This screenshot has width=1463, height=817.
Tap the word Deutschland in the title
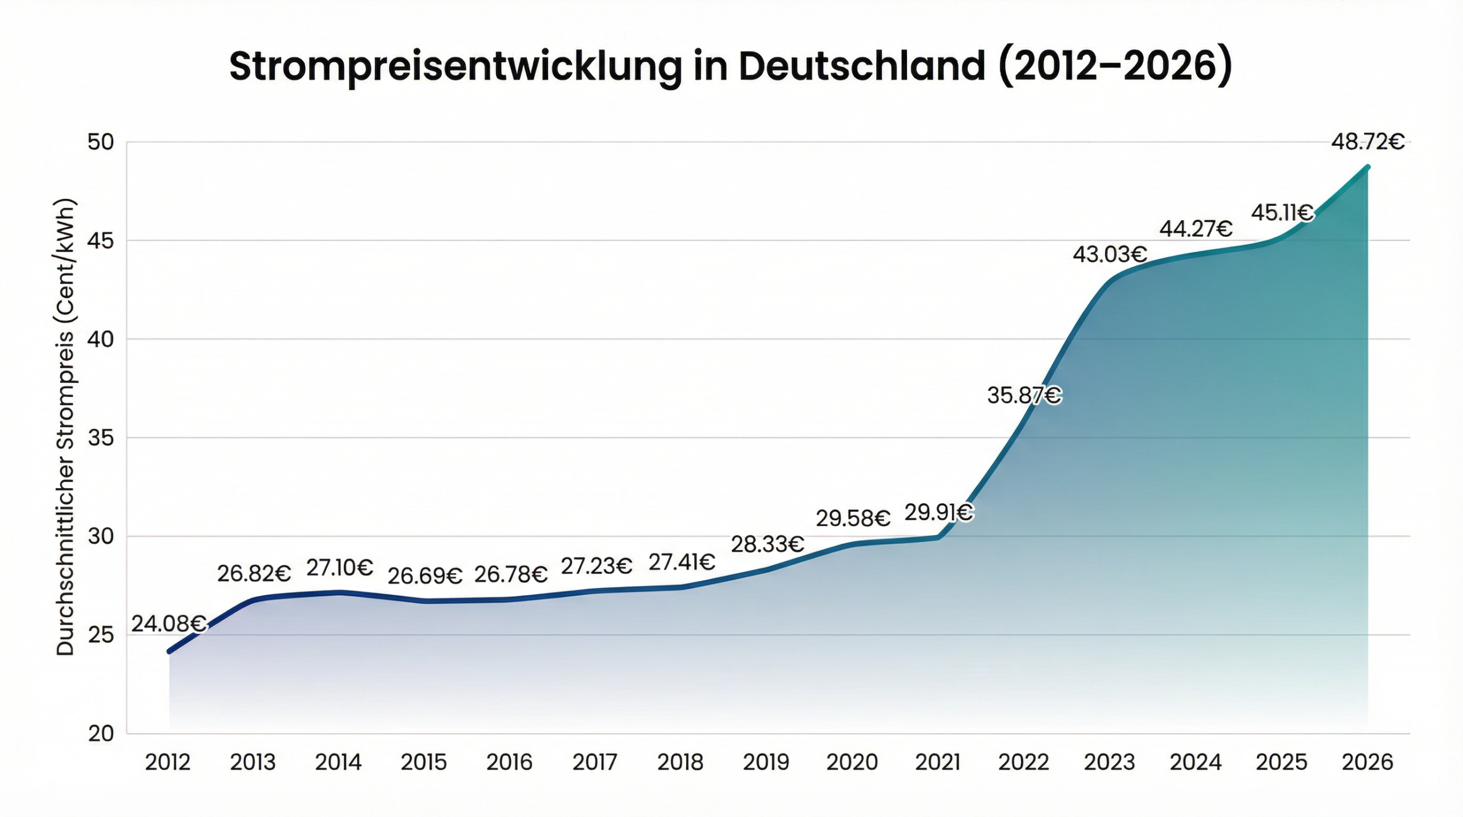(x=862, y=66)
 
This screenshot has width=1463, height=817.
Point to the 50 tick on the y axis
(x=101, y=142)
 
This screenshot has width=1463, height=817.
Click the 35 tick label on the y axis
(x=101, y=438)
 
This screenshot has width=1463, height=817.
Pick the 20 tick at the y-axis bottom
(x=101, y=734)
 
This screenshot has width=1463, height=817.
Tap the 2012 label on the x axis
(x=167, y=762)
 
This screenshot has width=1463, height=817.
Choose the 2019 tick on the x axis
(x=766, y=762)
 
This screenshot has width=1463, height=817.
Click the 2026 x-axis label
(x=1368, y=762)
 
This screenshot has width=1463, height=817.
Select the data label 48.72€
(x=1368, y=142)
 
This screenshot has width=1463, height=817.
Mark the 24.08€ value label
(x=169, y=624)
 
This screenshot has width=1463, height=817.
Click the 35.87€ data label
(x=1024, y=395)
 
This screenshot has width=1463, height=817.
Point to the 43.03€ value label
(x=1109, y=254)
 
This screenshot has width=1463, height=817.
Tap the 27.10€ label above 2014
(x=339, y=568)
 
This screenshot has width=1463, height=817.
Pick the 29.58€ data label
(x=853, y=519)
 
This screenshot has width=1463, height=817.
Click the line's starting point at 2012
(x=169, y=651)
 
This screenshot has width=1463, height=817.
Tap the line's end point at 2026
(x=1368, y=167)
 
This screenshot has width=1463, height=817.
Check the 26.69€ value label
(x=425, y=576)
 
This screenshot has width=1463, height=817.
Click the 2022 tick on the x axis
(x=1024, y=762)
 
